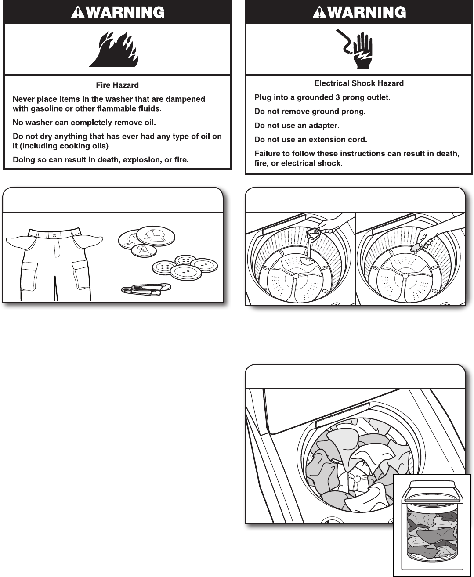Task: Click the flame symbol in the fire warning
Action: click(x=114, y=49)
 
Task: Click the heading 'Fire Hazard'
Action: click(x=117, y=85)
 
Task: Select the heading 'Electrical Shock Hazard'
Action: click(x=359, y=83)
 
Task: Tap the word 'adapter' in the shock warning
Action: click(x=324, y=126)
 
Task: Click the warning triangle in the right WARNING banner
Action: click(x=317, y=12)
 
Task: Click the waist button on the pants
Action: click(x=54, y=235)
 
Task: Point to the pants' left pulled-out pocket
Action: click(x=18, y=241)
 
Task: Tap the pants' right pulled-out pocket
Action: click(x=91, y=241)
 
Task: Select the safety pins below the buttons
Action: click(x=146, y=289)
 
